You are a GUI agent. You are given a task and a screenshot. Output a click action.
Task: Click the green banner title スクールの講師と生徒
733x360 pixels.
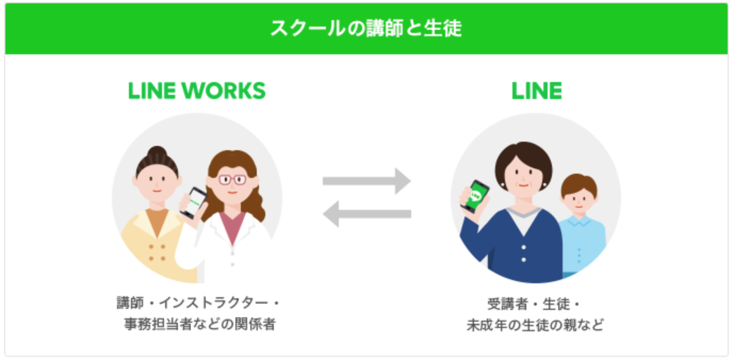click(366, 28)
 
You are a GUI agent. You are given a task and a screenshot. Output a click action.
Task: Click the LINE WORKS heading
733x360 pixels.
click(197, 92)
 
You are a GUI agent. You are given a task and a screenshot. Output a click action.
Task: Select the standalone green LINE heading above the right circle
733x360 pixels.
click(536, 92)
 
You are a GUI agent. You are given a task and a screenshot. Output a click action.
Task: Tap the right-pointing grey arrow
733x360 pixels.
click(366, 181)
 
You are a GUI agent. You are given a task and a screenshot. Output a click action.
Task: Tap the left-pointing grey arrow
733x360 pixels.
click(366, 215)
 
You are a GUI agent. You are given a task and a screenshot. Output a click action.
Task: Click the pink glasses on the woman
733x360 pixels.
click(233, 179)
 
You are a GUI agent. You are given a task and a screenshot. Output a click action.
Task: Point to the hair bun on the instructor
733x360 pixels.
click(157, 153)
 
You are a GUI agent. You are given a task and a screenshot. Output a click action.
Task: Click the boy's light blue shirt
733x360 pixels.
click(583, 245)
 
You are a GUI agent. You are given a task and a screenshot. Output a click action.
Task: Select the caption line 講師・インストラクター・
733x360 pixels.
click(198, 304)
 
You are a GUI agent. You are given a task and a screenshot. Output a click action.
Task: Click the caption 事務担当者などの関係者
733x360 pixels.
click(198, 324)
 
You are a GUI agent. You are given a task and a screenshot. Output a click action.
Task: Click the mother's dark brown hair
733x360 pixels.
click(522, 154)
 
